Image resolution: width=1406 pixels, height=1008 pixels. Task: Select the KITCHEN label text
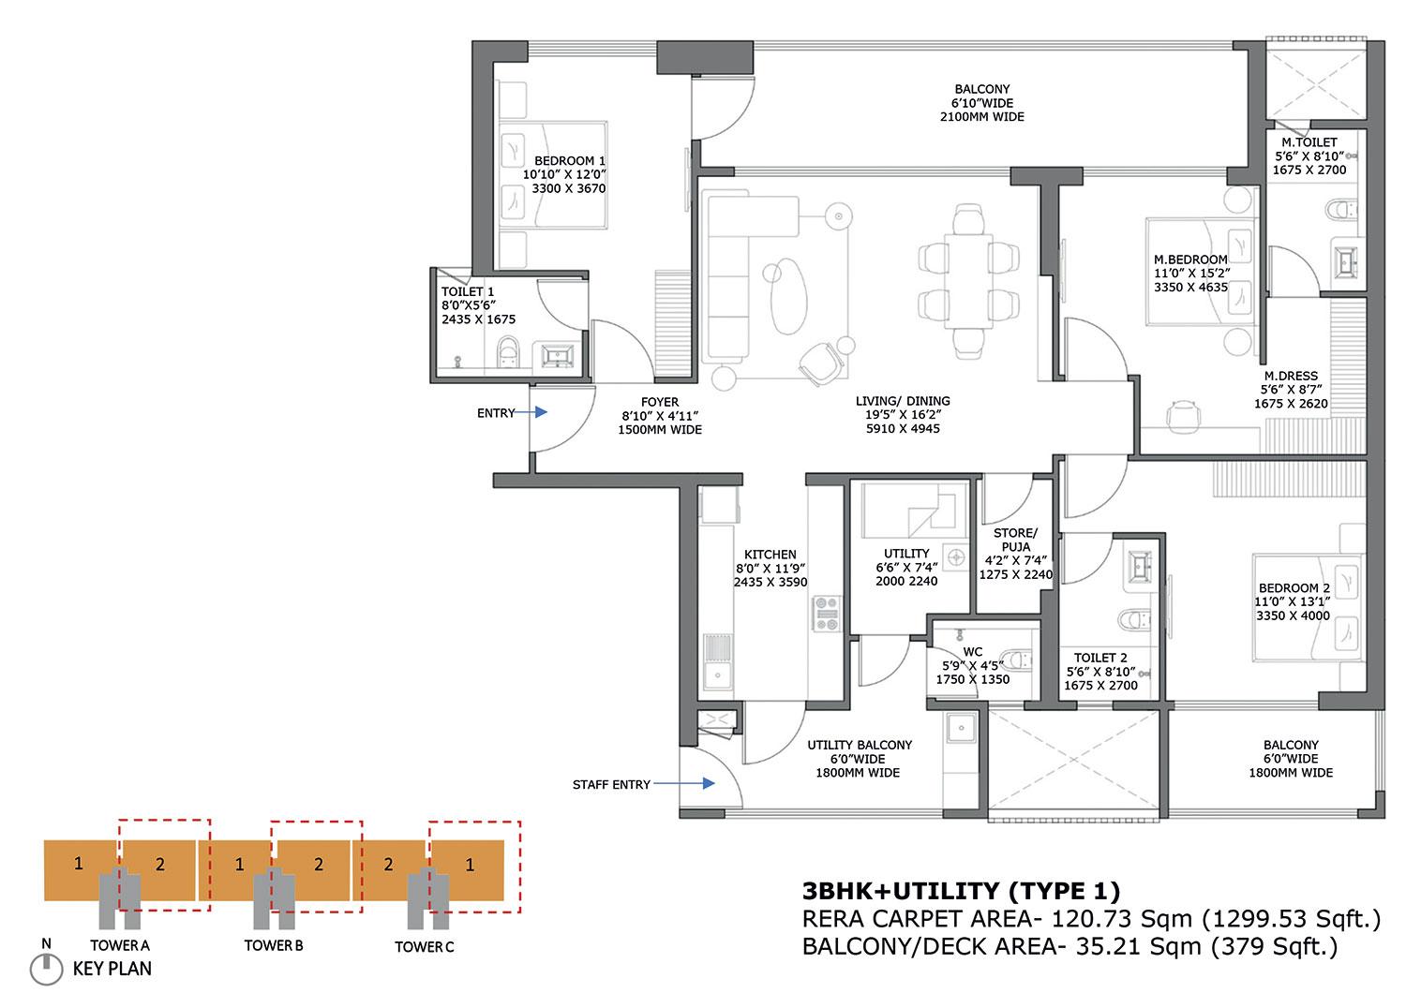[770, 555]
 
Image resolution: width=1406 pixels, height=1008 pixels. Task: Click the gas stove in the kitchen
[826, 615]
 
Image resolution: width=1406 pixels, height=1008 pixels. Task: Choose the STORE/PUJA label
[1015, 540]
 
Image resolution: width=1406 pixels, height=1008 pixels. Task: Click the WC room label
[972, 651]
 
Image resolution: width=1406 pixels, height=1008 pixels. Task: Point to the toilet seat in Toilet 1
[507, 348]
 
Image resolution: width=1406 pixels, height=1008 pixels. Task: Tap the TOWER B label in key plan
[273, 945]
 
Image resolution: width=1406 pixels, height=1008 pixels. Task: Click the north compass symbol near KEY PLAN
[43, 968]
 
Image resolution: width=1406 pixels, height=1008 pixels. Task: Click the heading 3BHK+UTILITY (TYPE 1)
[961, 891]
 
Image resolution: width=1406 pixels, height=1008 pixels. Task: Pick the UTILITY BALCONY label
[860, 745]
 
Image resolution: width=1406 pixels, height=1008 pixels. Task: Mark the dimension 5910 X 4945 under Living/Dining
[903, 428]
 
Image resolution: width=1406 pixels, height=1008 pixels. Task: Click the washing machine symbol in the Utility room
[954, 556]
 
